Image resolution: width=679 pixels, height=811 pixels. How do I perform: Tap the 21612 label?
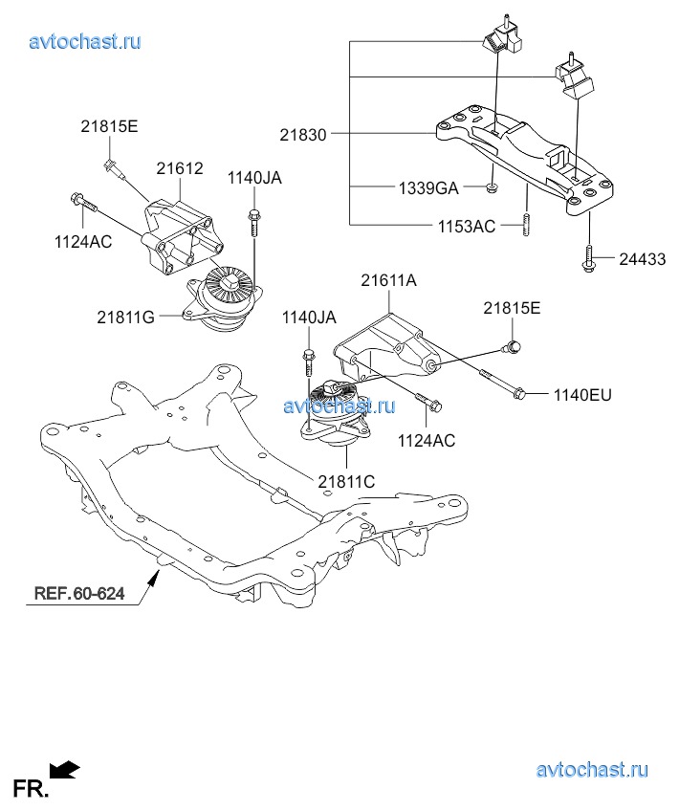180,168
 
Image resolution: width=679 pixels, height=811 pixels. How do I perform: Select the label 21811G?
125,315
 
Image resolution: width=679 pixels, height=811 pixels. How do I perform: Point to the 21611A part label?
389,280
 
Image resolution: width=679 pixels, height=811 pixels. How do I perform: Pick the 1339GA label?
428,187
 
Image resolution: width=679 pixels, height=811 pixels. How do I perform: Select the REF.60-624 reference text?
79,593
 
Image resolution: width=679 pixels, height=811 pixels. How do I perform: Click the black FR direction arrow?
65,768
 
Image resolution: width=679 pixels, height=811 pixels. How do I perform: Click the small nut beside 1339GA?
490,187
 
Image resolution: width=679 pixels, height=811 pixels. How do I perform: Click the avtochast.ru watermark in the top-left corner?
85,41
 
